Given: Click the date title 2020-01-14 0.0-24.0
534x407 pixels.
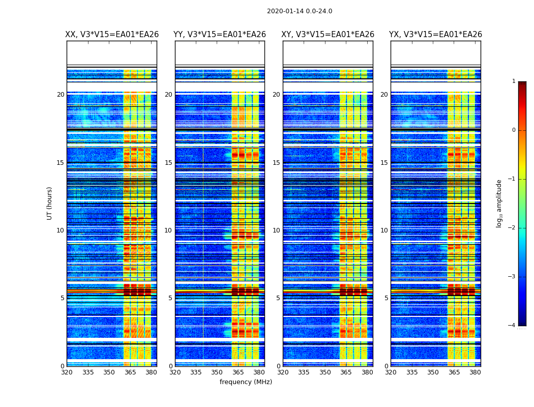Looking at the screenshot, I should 300,11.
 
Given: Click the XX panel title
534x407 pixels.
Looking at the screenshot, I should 112,35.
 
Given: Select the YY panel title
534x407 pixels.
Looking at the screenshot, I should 220,35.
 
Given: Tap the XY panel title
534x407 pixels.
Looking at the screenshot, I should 328,35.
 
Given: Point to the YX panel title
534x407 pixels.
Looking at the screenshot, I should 436,35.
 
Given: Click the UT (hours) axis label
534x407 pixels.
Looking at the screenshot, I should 50,203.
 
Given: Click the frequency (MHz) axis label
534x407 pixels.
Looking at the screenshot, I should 246,382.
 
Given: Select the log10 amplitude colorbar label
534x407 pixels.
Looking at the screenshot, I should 499,203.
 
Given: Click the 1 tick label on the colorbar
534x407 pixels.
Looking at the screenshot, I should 513,81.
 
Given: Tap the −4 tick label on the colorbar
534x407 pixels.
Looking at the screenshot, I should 512,326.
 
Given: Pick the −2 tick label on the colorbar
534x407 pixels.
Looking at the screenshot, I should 512,228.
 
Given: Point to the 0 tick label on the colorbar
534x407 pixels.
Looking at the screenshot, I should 513,130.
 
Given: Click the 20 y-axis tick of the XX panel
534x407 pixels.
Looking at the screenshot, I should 61,95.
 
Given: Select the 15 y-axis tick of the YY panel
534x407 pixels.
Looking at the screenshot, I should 168,163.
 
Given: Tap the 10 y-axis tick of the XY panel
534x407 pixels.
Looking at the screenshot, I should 276,230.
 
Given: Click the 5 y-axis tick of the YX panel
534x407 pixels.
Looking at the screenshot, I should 386,298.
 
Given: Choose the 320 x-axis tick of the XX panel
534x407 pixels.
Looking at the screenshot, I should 67,372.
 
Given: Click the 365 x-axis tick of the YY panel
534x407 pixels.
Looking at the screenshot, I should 238,372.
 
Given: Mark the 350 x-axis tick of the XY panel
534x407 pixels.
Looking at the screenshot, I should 325,372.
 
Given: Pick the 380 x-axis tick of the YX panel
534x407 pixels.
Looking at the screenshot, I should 475,372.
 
